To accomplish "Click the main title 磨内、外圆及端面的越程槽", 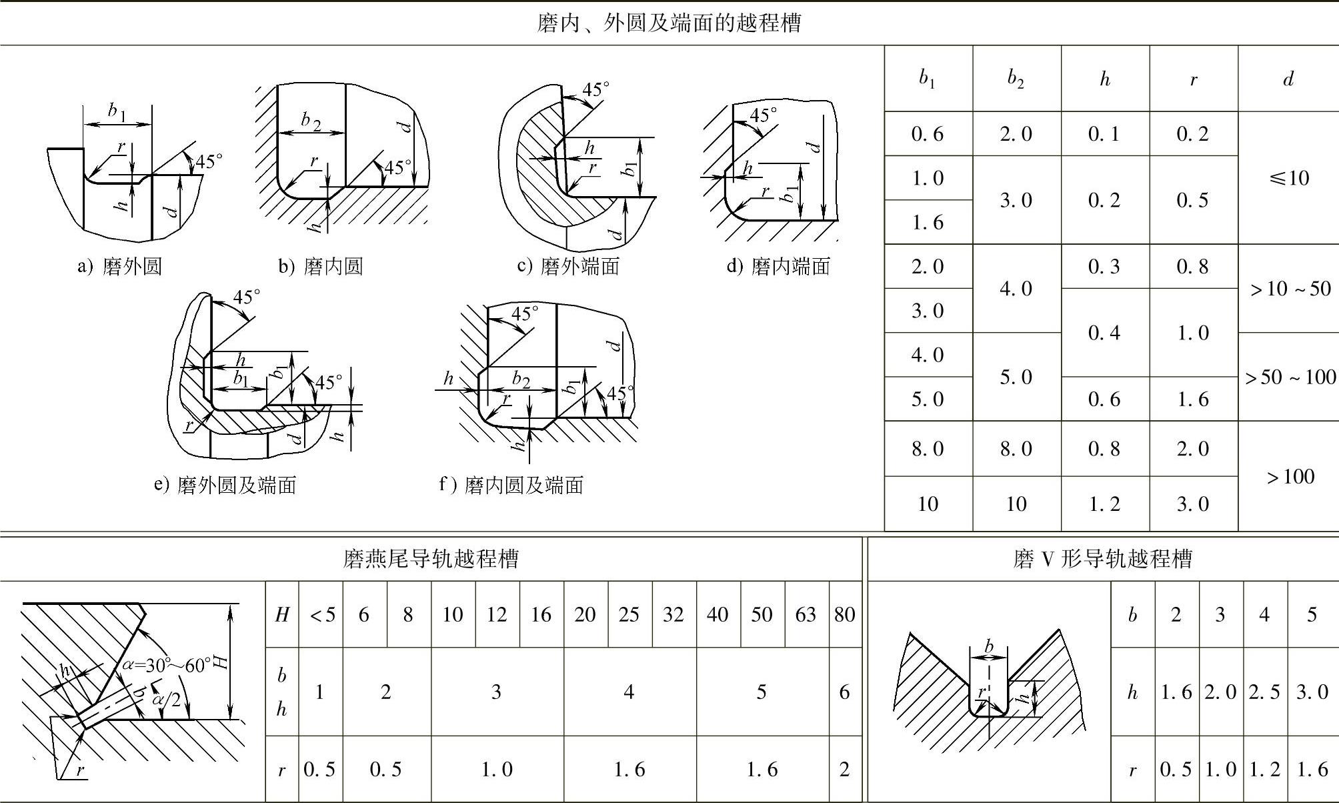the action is [x=669, y=23].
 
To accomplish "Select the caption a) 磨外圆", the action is [x=120, y=267].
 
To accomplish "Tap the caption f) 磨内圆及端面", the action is [x=511, y=485].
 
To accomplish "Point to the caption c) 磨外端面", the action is [x=568, y=267].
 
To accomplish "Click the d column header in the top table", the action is [x=1288, y=79].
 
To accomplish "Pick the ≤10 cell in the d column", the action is [x=1289, y=178].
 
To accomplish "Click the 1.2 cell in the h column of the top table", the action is [x=1104, y=504].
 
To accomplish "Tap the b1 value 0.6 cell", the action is [x=928, y=134].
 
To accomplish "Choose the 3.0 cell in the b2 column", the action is [x=1016, y=200].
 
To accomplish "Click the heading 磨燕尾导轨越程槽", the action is [x=431, y=558].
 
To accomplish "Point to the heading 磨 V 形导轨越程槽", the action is [x=1102, y=558].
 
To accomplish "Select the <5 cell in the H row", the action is [x=321, y=614].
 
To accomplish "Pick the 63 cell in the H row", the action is [x=806, y=614].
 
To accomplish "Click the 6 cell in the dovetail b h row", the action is [x=844, y=692].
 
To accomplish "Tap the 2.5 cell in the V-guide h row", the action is [x=1264, y=692].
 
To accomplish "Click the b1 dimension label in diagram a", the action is [x=118, y=112].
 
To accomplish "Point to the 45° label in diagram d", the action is [x=763, y=115].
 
